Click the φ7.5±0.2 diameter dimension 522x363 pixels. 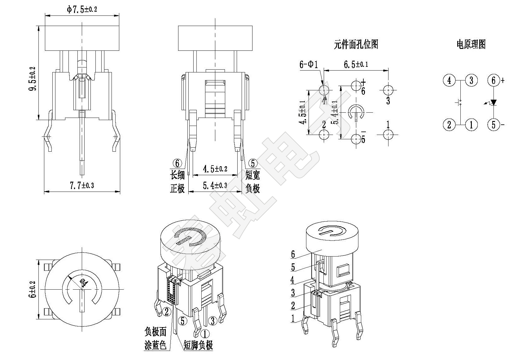pos(82,9)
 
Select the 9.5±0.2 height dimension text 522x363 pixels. pos(33,79)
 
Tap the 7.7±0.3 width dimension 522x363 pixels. pos(82,185)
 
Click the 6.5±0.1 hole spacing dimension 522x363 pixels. pos(356,65)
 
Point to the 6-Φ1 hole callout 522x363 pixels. pos(309,65)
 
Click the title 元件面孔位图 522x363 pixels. pos(356,45)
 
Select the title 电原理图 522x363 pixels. pos(471,44)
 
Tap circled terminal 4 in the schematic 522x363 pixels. pos(449,80)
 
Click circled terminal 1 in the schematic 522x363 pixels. pos(471,125)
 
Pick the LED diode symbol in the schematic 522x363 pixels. pos(493,102)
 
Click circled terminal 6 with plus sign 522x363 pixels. pos(494,80)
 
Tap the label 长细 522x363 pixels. pos(178,175)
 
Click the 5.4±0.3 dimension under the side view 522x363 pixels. pos(215,185)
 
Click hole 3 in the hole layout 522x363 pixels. pos(388,90)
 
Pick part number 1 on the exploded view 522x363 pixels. pos(293,318)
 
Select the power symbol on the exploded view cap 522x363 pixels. pos(332,231)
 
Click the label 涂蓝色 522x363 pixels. pos(156,345)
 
